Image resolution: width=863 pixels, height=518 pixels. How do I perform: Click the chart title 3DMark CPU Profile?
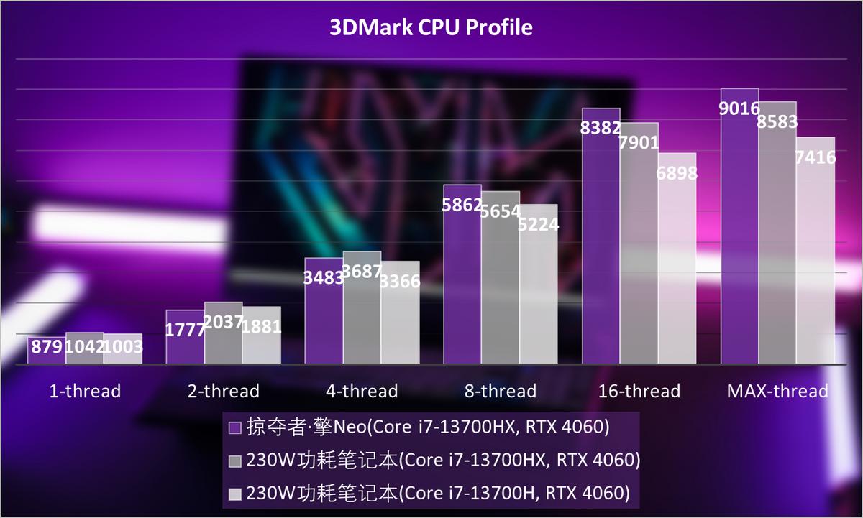(431, 27)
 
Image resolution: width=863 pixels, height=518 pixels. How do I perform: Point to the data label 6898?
(677, 173)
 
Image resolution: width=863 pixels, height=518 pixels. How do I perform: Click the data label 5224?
(539, 224)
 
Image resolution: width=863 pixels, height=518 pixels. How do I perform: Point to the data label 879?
(46, 348)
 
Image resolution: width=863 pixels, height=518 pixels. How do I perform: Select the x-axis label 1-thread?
(85, 392)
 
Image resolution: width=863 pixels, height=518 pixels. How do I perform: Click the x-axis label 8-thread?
(500, 392)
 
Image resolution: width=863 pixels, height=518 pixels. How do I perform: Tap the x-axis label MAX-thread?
(777, 392)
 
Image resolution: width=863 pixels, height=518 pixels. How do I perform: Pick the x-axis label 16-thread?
(639, 392)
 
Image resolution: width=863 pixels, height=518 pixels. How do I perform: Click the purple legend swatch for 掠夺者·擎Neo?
(234, 428)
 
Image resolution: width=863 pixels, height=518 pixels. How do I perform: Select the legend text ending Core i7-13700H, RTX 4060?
(438, 494)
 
